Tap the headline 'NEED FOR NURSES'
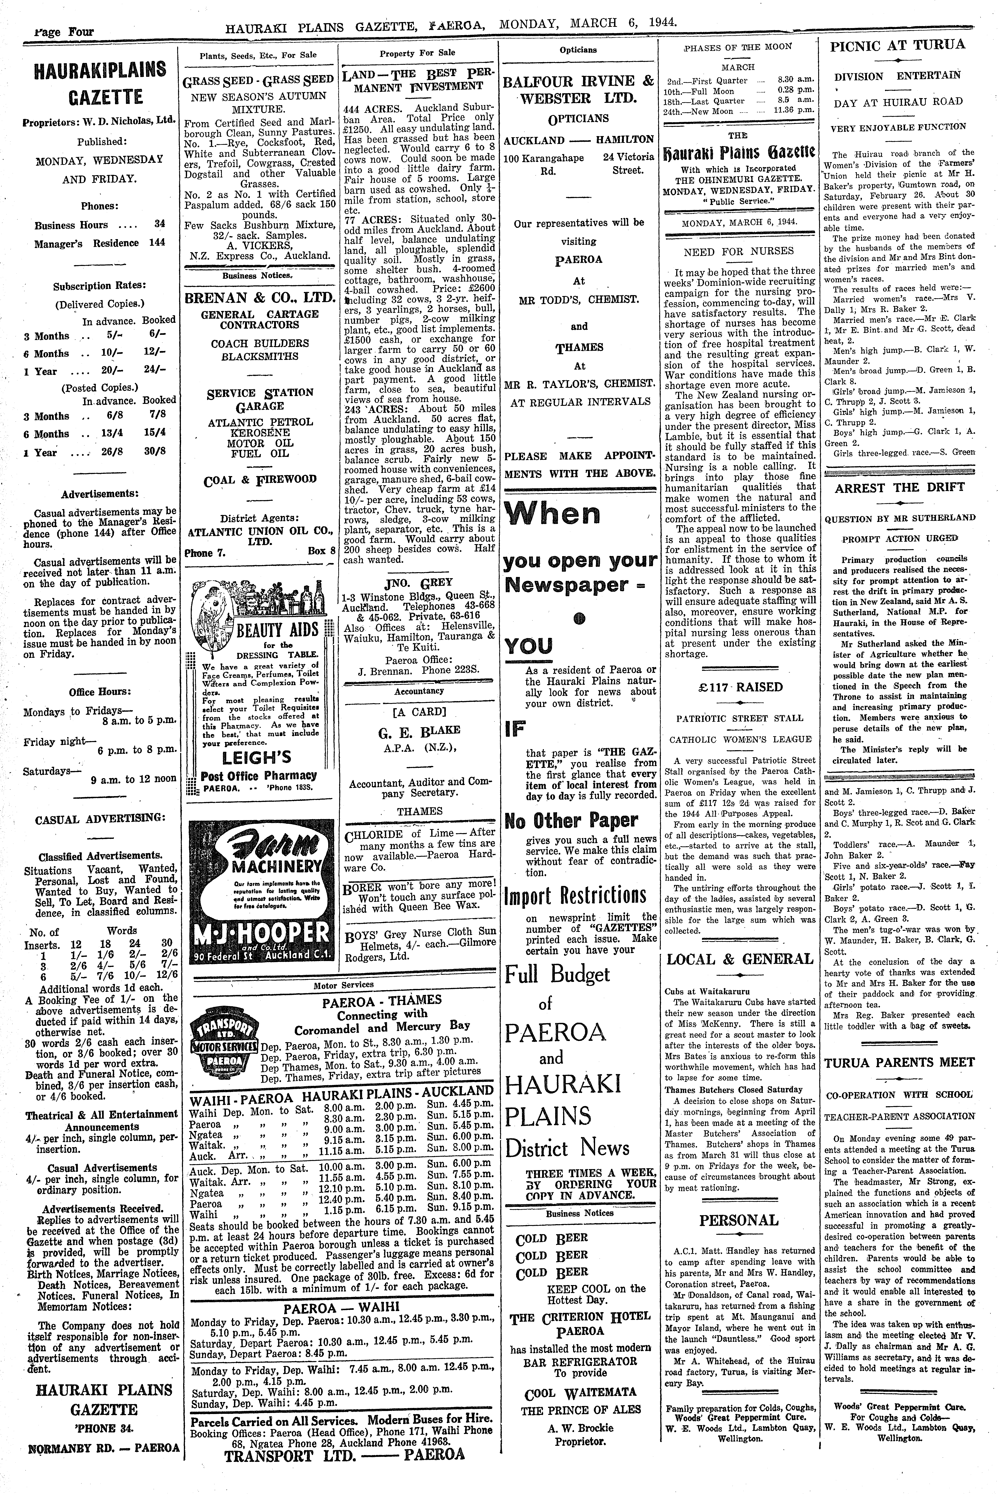click(740, 251)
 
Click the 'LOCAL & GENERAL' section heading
click(740, 959)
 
